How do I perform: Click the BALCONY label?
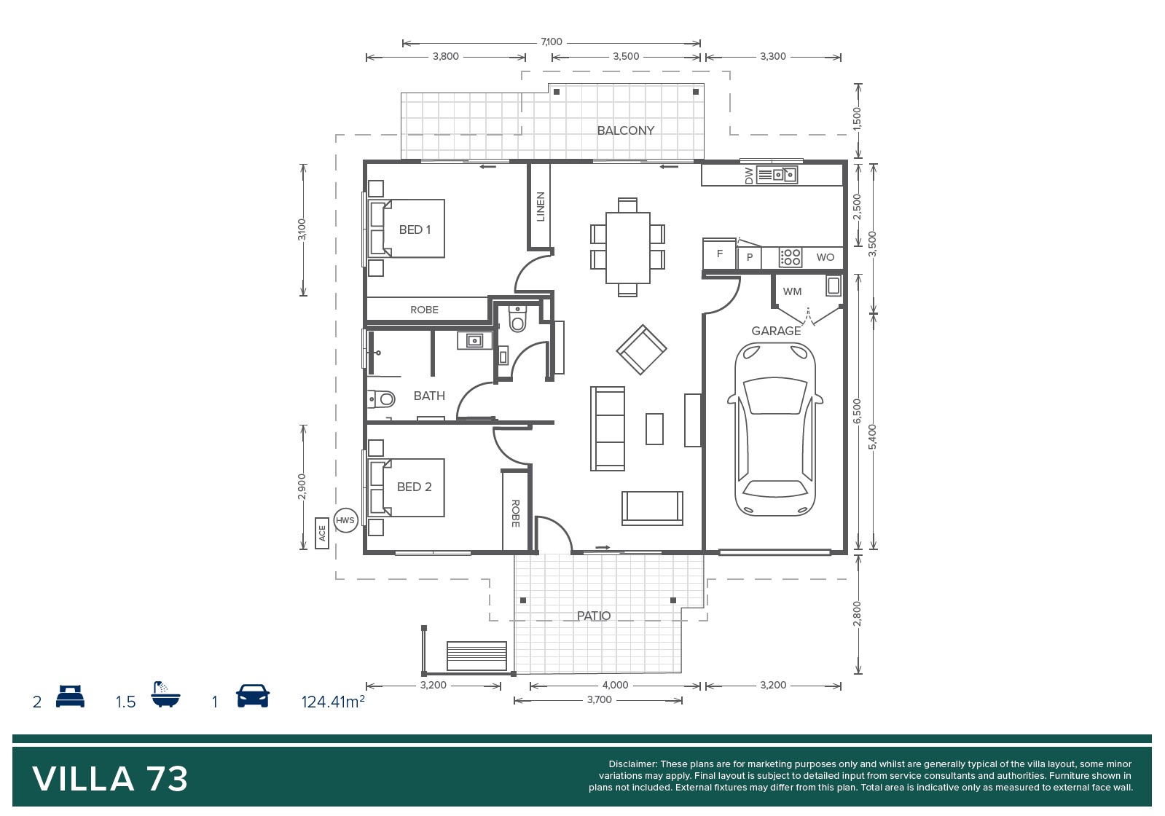[x=625, y=130]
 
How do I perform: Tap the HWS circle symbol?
[x=345, y=520]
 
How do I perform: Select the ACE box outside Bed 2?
[x=322, y=533]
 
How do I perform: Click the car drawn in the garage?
[x=775, y=429]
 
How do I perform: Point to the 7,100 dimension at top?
[x=552, y=42]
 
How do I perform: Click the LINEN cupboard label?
[x=541, y=206]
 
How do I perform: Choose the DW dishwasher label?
[x=749, y=176]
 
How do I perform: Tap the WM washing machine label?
[x=792, y=291]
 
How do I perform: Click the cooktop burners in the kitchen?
[x=790, y=257]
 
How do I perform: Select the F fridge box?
[x=719, y=254]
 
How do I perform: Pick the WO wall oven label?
[x=825, y=257]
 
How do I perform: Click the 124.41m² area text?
[x=333, y=702]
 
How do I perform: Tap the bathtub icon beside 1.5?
[x=165, y=694]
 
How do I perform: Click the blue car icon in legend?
[x=253, y=696]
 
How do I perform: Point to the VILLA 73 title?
[x=110, y=779]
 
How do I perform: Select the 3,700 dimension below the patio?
[x=599, y=700]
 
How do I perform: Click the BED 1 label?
[x=415, y=229]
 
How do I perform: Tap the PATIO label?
[x=593, y=616]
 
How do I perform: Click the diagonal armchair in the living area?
[x=641, y=350]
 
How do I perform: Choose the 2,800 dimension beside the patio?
[x=857, y=613]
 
